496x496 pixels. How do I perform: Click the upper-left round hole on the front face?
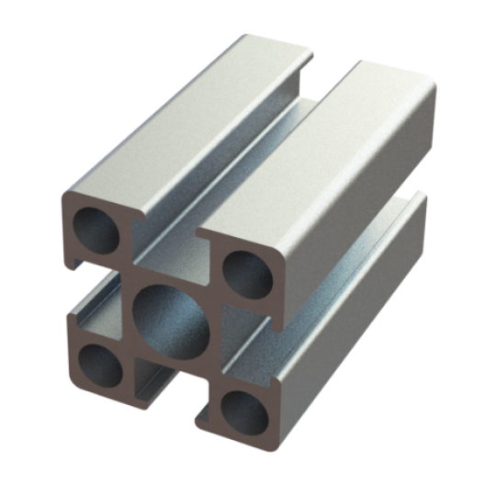coord(96,230)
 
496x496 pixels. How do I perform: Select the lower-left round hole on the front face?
coord(100,366)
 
